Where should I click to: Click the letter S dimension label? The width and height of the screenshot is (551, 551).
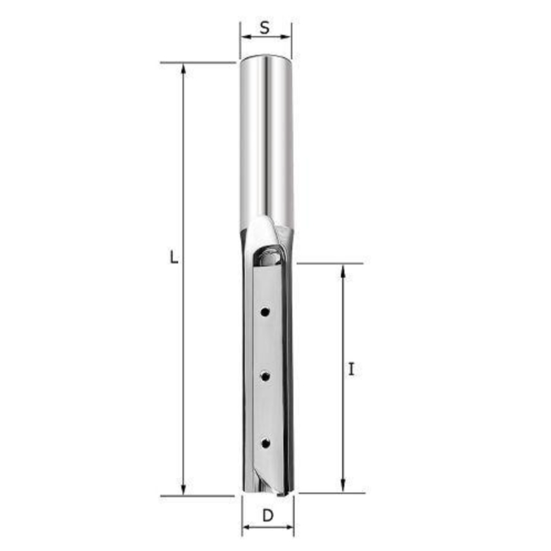point(265,28)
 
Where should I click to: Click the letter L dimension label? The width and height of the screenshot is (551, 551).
point(174,257)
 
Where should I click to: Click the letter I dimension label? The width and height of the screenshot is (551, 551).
point(351,369)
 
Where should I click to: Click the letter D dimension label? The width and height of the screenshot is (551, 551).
point(268,516)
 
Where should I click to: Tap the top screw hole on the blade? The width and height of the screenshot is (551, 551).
point(265,312)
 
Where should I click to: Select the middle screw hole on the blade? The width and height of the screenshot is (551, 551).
point(265,377)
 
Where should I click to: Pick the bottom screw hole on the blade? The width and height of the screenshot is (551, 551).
point(265,443)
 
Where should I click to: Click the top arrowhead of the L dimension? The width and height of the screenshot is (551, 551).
point(183,69)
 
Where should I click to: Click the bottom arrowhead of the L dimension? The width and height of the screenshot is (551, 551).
point(183,489)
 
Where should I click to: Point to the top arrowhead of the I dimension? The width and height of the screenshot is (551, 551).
point(343,271)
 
